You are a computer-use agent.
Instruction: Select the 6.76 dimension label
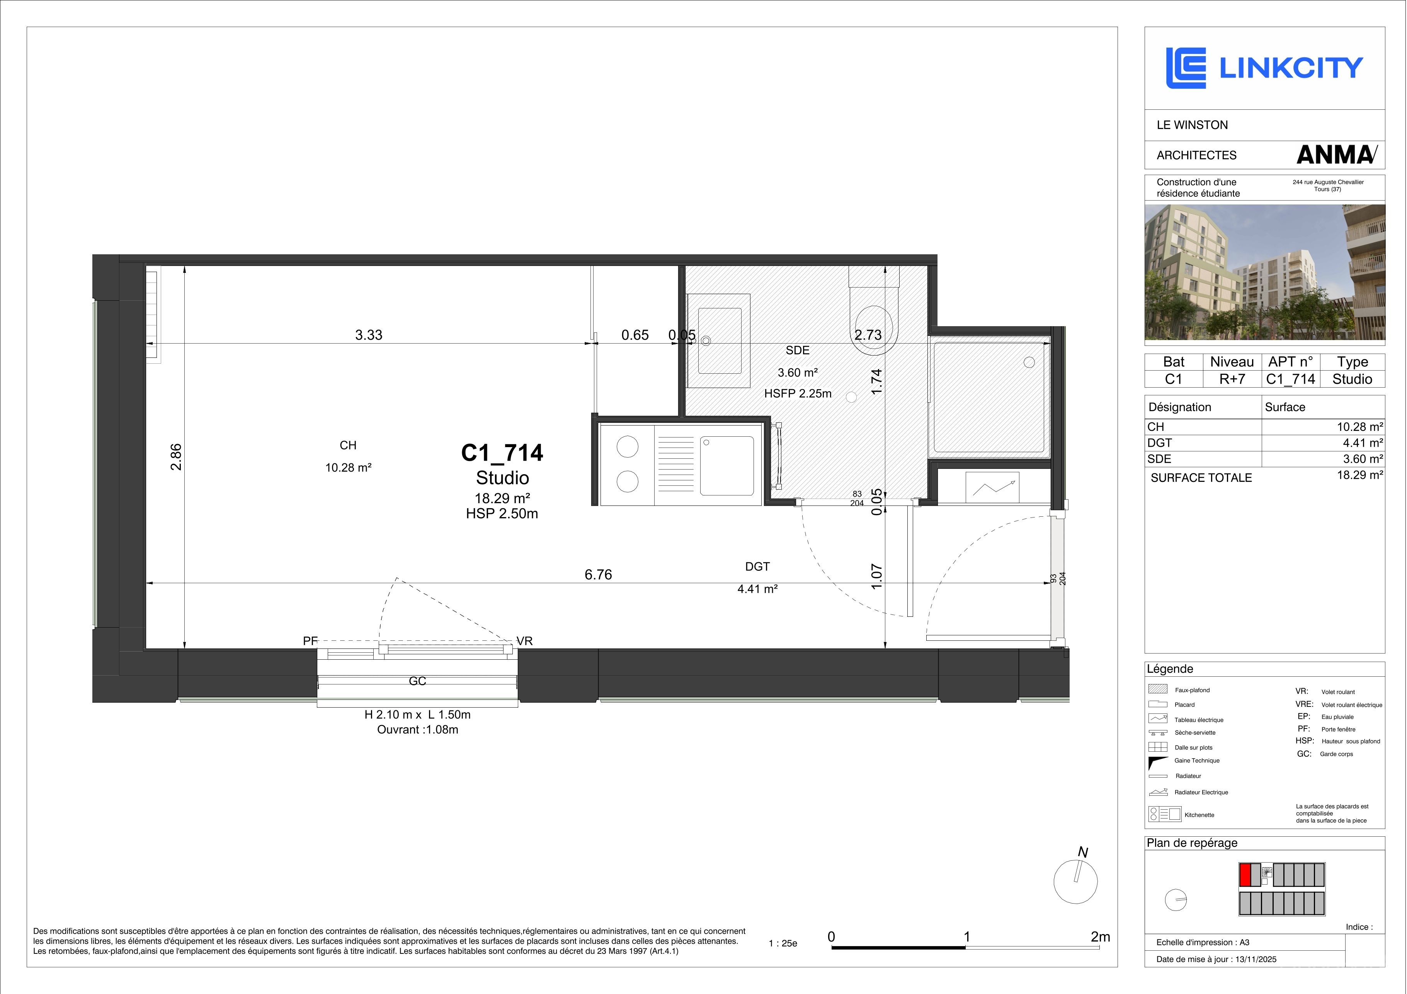point(598,574)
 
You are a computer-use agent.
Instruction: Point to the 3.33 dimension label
point(369,335)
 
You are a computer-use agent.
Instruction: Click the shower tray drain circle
point(1029,362)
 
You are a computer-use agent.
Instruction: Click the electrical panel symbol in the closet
point(992,487)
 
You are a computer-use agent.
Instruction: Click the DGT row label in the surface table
point(1159,443)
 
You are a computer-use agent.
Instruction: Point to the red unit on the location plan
point(1245,875)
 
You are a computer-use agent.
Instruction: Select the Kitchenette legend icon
point(1164,814)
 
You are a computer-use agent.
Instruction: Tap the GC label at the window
point(417,681)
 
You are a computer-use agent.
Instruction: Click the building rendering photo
point(1265,272)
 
